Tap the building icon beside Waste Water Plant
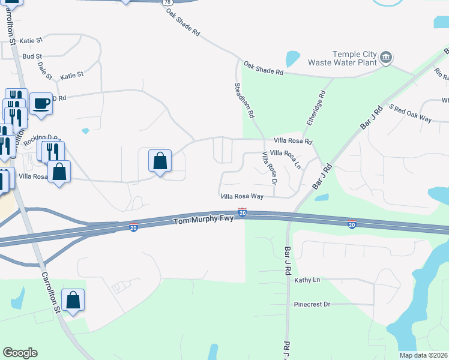[x=386, y=58]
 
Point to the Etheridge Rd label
[x=316, y=107]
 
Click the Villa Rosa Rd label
[x=293, y=142]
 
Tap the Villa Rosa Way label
[x=243, y=196]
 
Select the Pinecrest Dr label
[x=312, y=304]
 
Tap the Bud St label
[x=32, y=56]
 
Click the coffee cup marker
[x=41, y=103]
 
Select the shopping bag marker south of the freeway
[x=73, y=299]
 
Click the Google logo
[x=20, y=353]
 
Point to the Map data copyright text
[x=423, y=355]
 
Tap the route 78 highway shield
[x=166, y=3]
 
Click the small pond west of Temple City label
[x=292, y=59]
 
